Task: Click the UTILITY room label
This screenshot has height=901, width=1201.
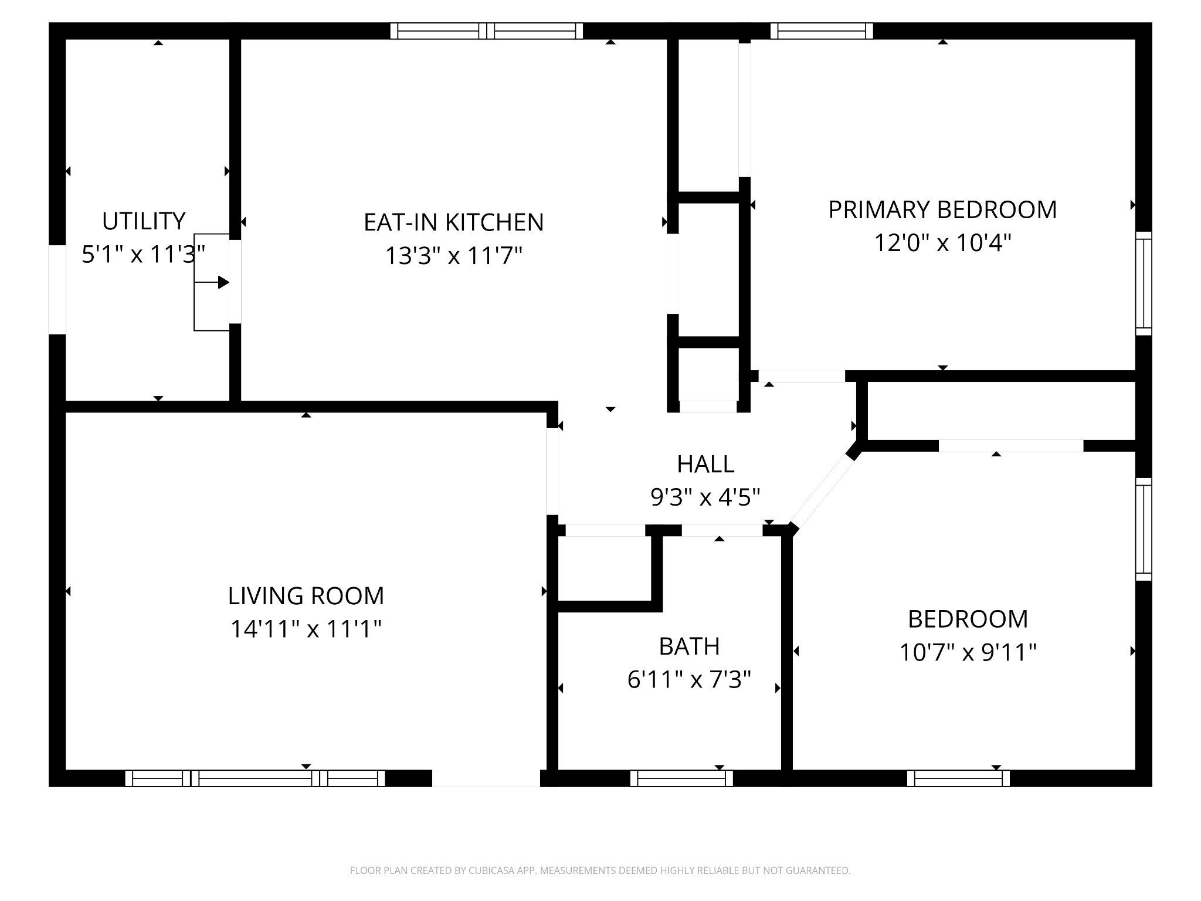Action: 144,221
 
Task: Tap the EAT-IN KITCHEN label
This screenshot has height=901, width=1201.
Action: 454,222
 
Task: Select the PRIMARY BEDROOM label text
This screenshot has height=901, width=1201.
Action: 942,209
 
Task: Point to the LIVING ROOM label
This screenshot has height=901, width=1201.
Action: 306,596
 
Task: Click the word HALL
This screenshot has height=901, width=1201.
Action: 705,464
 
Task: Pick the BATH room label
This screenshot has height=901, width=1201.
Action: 689,646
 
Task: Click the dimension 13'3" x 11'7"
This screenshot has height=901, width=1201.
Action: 453,256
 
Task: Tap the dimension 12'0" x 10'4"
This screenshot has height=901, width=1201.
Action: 943,242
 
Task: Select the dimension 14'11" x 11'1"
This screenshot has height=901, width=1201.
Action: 306,629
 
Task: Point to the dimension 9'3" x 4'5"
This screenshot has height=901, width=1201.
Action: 705,497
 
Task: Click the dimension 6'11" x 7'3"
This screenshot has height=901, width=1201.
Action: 689,680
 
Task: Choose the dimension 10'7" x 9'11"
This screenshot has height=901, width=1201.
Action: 968,652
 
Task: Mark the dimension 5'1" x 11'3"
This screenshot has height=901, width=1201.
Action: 143,255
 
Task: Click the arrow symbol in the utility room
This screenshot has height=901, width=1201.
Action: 212,282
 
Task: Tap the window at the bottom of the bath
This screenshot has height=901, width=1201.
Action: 681,778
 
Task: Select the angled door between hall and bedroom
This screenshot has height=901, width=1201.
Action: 822,492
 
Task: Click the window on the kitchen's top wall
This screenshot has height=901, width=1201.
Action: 487,31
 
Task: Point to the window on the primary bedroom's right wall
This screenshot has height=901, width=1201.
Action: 1144,283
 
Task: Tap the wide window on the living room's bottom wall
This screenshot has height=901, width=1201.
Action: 255,778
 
